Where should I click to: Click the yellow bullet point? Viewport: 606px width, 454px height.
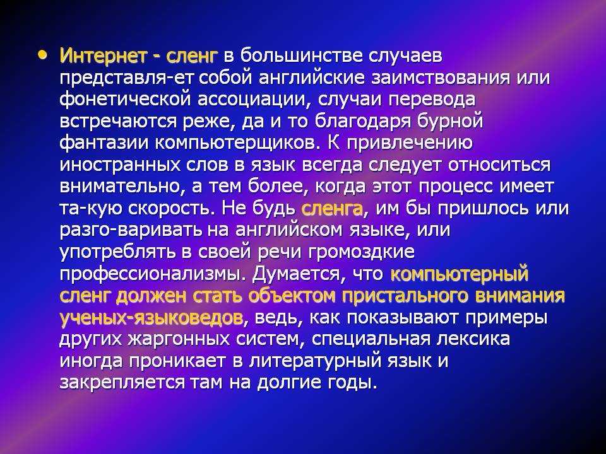pos(42,54)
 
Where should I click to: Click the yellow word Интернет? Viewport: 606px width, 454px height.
pos(104,56)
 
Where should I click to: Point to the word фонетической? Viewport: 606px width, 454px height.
pos(126,100)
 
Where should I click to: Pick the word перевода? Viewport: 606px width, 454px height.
pos(432,100)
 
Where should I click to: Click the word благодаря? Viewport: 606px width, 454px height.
pos(363,121)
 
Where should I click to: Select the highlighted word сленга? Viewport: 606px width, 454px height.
pos(331,209)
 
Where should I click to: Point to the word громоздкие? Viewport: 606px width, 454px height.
pos(362,252)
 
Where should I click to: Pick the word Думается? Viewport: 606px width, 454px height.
pos(297,274)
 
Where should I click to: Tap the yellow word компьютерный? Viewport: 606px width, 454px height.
pos(460,274)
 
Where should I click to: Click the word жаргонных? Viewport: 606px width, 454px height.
pos(178,340)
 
